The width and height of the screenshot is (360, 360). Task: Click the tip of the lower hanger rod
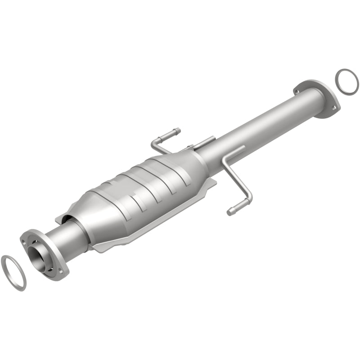[230, 211]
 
